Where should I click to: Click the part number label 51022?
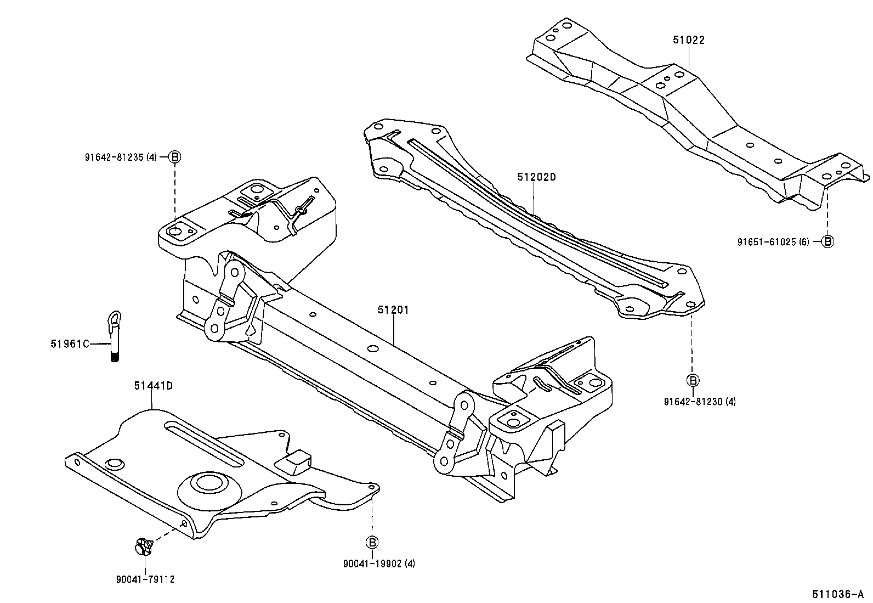pyautogui.click(x=689, y=40)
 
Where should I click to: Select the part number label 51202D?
pyautogui.click(x=536, y=177)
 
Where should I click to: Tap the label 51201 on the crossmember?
pyautogui.click(x=393, y=310)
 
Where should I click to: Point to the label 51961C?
pyautogui.click(x=69, y=344)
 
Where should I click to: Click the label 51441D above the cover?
pyautogui.click(x=154, y=386)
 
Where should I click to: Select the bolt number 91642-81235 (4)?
pyautogui.click(x=121, y=157)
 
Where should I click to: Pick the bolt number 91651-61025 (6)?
pyautogui.click(x=773, y=241)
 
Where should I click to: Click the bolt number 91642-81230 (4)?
pyautogui.click(x=700, y=402)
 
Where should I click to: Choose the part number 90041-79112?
pyautogui.click(x=145, y=579)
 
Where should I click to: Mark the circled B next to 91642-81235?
pyautogui.click(x=174, y=157)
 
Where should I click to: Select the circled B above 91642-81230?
pyautogui.click(x=693, y=380)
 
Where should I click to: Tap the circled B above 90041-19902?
pyautogui.click(x=372, y=542)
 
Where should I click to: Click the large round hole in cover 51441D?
pyautogui.click(x=208, y=483)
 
